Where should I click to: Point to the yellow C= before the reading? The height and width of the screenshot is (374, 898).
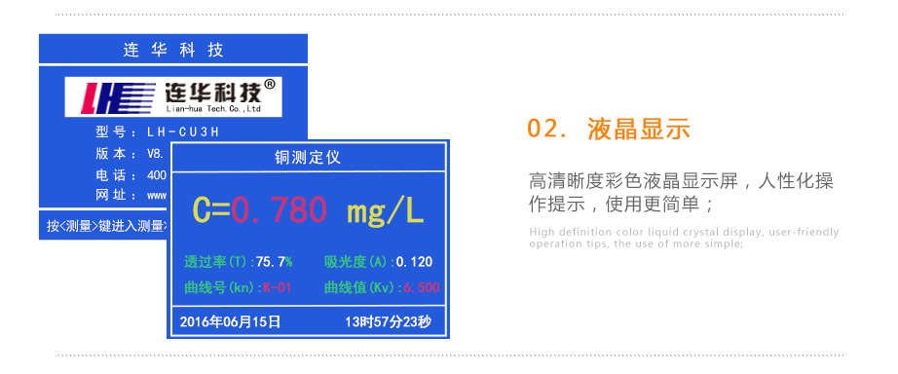[211, 209]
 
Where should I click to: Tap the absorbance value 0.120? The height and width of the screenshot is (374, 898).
[413, 262]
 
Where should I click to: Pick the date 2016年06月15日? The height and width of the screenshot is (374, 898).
[231, 321]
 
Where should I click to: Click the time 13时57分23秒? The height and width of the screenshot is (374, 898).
[388, 321]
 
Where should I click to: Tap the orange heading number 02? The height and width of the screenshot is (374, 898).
[545, 130]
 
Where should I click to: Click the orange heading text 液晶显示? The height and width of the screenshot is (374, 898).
[639, 130]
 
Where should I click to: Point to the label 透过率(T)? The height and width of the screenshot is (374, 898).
[216, 262]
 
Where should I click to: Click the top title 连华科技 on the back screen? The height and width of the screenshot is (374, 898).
[174, 50]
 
